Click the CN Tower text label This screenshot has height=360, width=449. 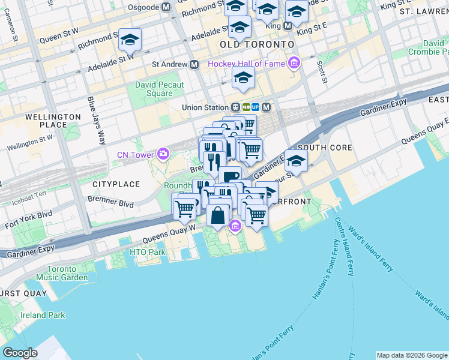136,155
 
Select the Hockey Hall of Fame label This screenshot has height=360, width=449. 247,64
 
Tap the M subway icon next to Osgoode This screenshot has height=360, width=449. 166,7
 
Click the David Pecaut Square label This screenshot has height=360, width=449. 159,89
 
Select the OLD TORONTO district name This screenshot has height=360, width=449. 257,45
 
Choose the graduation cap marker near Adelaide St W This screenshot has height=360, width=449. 129,41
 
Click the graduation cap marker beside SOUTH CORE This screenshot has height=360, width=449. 295,161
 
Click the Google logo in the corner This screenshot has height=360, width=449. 20,353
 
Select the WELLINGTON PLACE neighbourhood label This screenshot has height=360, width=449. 53,121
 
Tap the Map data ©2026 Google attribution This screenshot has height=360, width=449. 412,355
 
